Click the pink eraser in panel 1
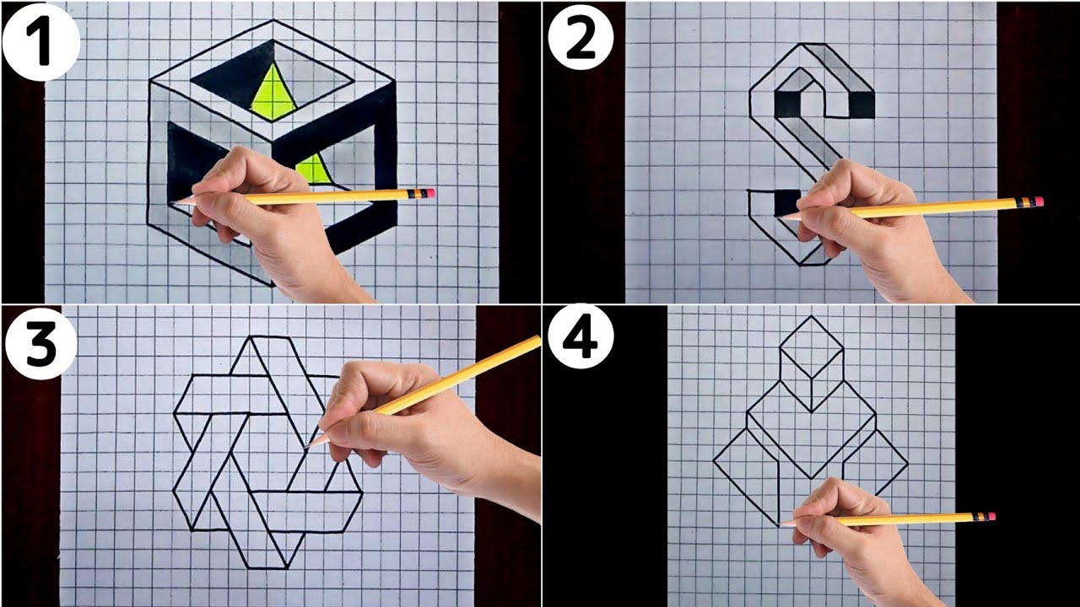coord(430,193)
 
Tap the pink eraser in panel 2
coord(1039,201)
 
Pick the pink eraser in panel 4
coord(991,516)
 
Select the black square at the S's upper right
coord(861,104)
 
